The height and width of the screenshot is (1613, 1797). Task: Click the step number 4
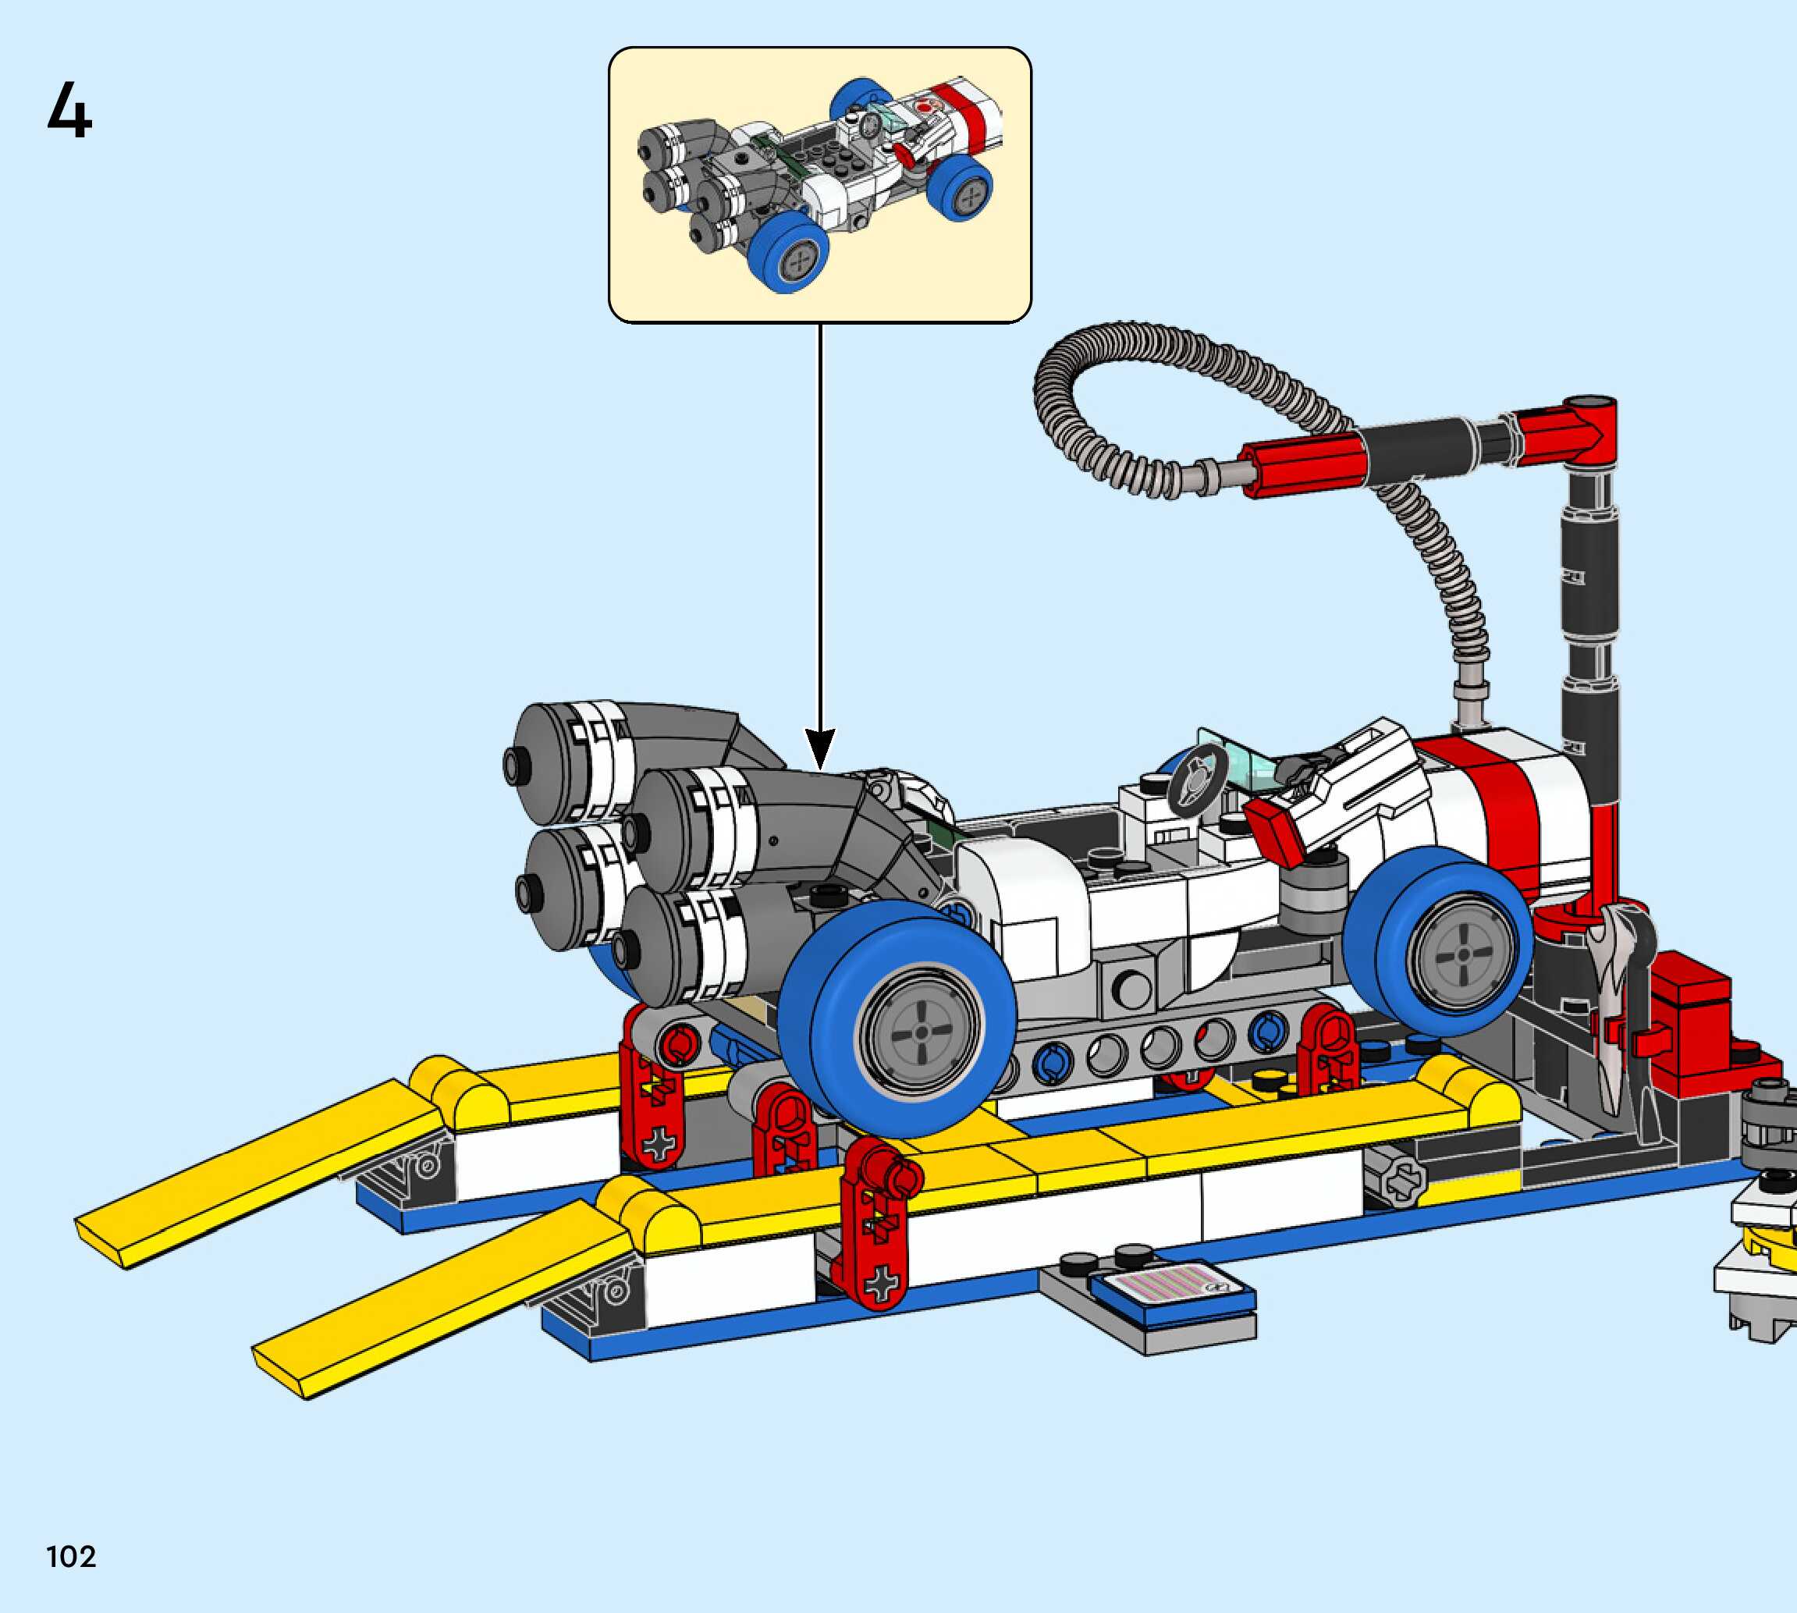tap(69, 111)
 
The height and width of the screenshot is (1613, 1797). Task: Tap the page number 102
tap(71, 1556)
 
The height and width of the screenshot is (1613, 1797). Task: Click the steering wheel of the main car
tap(1196, 777)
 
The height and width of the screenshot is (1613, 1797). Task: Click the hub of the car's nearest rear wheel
tap(922, 1032)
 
